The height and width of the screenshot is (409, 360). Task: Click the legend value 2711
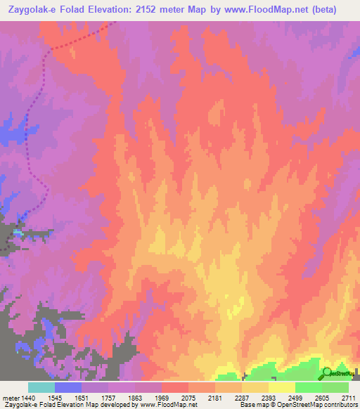348,397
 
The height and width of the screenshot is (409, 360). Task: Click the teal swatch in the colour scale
41,387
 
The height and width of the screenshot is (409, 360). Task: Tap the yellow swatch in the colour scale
281,387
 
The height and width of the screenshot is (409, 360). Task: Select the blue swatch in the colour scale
68,387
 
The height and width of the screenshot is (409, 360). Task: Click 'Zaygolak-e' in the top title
32,9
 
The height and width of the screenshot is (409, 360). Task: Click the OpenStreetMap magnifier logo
327,373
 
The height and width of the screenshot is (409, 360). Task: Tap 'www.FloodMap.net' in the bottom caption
169,405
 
